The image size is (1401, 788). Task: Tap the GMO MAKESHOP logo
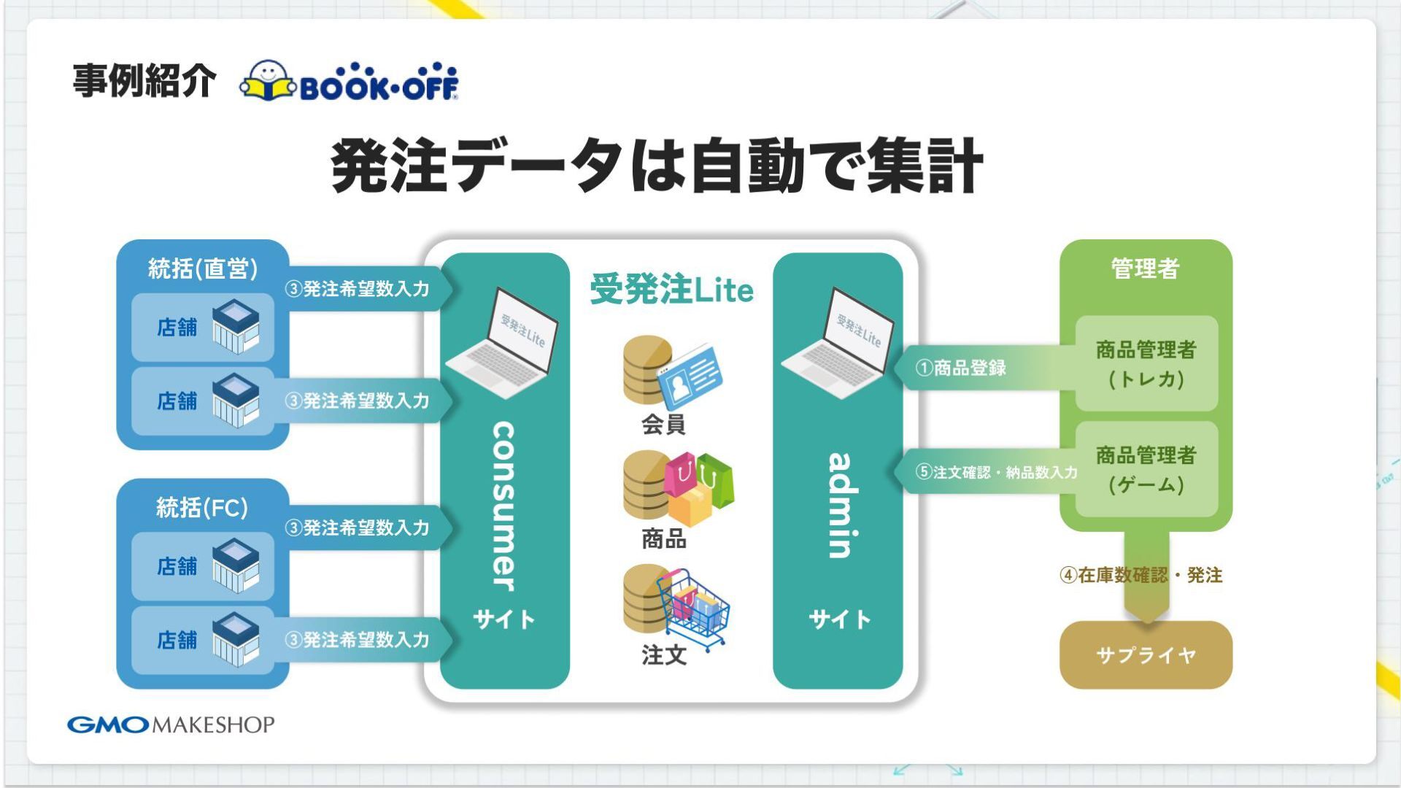[x=171, y=725]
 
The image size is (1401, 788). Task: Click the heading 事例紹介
[x=144, y=80]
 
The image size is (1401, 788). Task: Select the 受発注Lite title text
[x=671, y=290]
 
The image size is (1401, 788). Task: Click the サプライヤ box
[x=1146, y=654]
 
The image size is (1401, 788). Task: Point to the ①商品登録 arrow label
[x=961, y=368]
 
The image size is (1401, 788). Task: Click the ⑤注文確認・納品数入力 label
[x=996, y=472]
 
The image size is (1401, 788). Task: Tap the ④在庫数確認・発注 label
[x=1141, y=575]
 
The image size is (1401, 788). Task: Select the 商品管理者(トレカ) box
[x=1146, y=363]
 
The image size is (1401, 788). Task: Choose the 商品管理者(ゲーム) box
[x=1146, y=469]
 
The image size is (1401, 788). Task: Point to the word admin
[x=839, y=505]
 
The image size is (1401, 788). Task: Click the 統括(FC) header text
[x=202, y=507]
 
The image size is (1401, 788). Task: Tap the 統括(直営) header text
[x=203, y=269]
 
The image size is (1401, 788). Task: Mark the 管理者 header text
[x=1146, y=269]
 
